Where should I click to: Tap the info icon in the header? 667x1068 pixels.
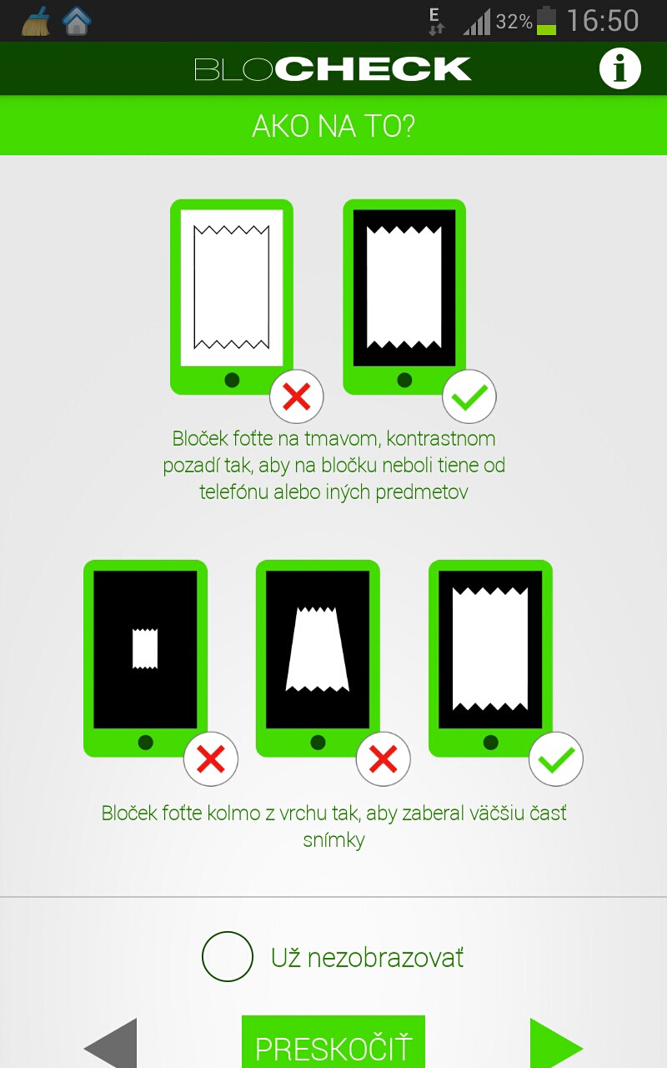click(619, 68)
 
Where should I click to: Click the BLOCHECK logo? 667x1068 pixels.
click(333, 68)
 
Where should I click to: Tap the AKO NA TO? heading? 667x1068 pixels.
click(333, 126)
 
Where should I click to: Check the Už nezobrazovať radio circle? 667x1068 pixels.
click(228, 956)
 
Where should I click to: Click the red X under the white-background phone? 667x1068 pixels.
click(296, 396)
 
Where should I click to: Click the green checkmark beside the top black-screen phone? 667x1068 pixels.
click(469, 396)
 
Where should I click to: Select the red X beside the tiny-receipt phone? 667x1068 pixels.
click(211, 758)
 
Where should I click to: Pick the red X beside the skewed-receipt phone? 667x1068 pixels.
click(383, 758)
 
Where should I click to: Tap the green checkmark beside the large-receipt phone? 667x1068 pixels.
click(556, 758)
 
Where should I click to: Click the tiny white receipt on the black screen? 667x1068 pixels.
click(145, 648)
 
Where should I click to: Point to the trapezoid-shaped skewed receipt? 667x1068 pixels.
click(318, 649)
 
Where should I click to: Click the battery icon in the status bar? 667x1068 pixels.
click(546, 21)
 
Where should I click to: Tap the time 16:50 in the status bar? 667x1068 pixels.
click(603, 21)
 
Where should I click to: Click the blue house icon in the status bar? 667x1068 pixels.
click(76, 21)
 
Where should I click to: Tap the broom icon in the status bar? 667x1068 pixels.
click(36, 21)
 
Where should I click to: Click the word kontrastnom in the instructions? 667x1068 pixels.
click(441, 439)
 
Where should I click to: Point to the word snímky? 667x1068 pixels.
click(333, 840)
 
